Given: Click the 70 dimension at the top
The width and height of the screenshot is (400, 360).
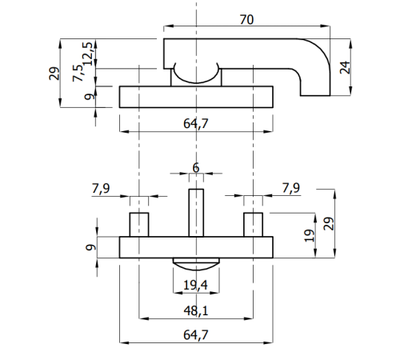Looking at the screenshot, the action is tap(246, 20).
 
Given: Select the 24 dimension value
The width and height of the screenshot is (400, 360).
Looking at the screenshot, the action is tap(345, 67).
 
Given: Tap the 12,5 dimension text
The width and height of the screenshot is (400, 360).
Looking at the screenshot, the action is tap(88, 54).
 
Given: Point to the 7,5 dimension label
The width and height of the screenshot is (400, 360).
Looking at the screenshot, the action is tap(78, 73).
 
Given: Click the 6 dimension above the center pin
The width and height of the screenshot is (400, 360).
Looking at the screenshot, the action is tap(196, 168).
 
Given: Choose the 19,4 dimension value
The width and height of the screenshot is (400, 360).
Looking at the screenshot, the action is tap(195, 286).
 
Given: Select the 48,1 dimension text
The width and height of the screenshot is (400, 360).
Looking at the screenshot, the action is tap(196, 311).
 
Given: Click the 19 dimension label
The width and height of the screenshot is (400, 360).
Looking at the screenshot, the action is tap(309, 236).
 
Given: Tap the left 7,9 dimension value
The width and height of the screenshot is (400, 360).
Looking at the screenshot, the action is tap(101, 188).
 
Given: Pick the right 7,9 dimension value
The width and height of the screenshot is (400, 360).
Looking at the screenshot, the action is tap(291, 188).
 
